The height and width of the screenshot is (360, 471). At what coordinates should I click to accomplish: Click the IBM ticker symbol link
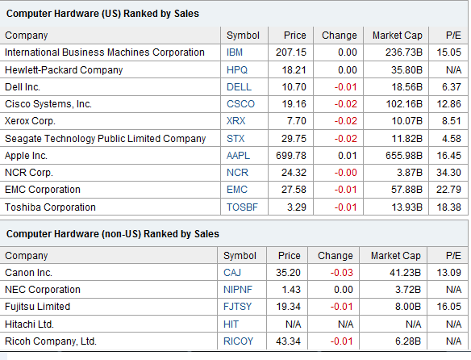[235, 52]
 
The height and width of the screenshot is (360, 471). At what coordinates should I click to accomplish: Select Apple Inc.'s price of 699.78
[291, 156]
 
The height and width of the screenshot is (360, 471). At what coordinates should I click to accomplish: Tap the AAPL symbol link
[238, 156]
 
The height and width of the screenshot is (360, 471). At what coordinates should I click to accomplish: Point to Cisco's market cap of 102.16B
[404, 104]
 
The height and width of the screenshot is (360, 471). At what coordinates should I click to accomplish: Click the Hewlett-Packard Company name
[64, 70]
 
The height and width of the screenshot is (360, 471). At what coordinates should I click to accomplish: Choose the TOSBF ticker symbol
[242, 207]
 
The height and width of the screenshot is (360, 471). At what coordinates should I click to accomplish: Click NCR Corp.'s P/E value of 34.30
[448, 173]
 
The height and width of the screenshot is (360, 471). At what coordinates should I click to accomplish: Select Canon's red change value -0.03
[341, 273]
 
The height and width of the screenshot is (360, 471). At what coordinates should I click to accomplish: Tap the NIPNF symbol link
[238, 290]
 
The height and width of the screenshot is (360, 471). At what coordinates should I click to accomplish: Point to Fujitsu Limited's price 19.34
[288, 307]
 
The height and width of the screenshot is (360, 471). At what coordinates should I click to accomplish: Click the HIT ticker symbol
[231, 324]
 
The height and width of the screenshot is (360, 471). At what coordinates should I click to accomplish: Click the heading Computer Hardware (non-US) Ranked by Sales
[113, 234]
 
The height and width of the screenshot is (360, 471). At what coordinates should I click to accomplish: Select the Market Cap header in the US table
[398, 36]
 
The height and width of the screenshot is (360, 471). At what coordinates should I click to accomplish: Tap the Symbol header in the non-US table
[240, 256]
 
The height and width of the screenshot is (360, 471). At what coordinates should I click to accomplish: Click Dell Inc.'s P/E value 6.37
[451, 87]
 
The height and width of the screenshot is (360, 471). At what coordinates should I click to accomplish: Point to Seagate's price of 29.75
[294, 139]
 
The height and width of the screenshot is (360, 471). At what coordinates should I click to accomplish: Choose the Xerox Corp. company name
[30, 121]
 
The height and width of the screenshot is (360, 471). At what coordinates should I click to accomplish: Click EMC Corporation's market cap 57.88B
[406, 190]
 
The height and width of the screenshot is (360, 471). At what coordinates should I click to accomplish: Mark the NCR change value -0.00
[345, 173]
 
